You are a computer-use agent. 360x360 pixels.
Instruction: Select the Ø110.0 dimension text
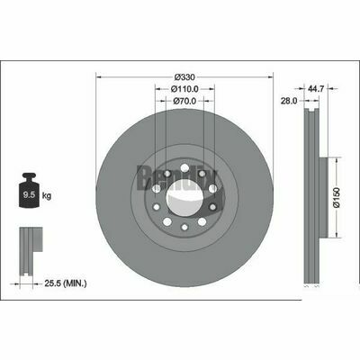[x=185, y=90]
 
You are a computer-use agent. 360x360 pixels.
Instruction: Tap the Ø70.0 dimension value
[x=185, y=103]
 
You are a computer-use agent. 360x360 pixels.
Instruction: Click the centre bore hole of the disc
[x=185, y=191]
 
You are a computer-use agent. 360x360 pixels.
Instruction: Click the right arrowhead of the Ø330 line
[x=271, y=77]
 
